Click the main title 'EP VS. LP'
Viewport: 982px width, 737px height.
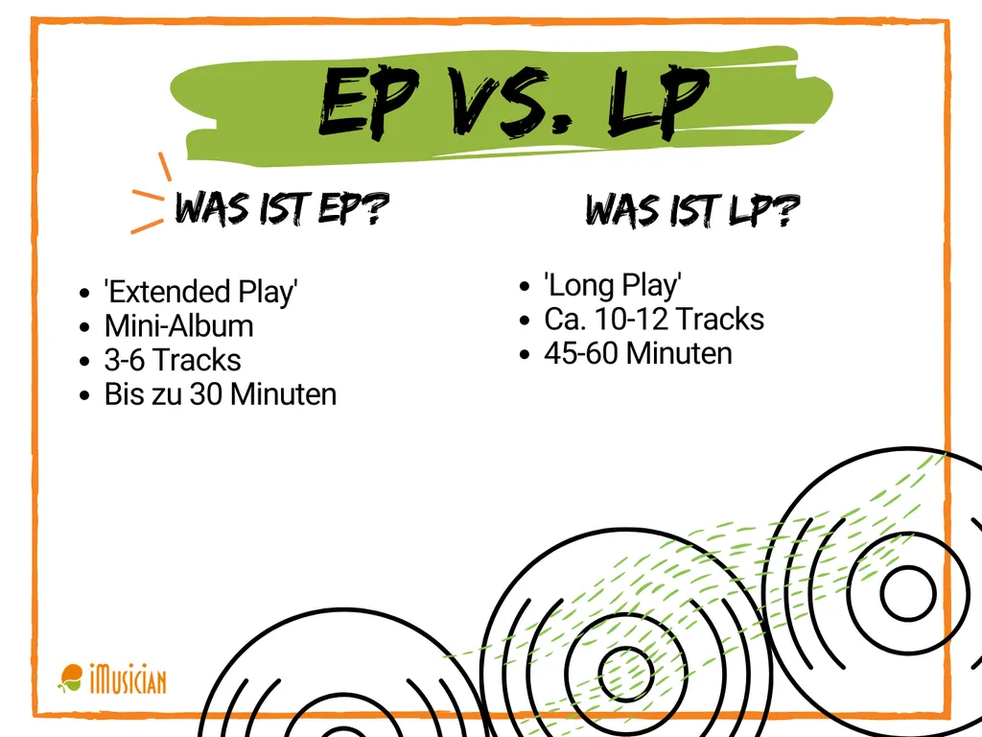513,105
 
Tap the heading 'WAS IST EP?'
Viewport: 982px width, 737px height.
280,208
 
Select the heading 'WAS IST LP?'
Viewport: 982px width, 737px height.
692,210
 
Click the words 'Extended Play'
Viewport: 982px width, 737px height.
201,291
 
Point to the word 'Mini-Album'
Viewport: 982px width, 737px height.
178,325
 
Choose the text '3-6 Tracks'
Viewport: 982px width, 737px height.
173,360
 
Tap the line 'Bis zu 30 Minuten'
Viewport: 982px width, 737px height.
221,394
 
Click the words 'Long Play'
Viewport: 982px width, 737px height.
613,285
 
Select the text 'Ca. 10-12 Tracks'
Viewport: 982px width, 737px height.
654,319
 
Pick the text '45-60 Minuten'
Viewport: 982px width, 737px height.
638,353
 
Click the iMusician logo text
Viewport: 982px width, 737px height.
128,681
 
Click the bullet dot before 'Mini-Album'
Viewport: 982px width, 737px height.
86,327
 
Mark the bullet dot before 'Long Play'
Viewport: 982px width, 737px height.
525,286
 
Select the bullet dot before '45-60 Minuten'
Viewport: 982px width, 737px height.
525,355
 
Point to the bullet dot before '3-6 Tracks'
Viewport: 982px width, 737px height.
86,362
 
